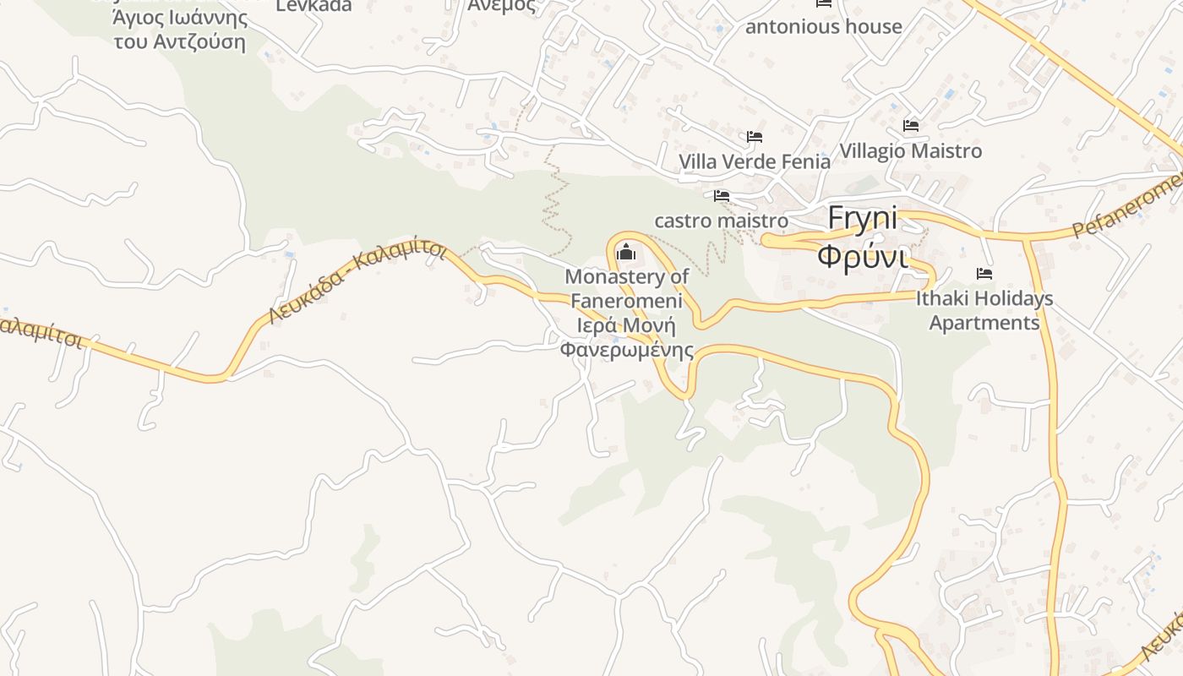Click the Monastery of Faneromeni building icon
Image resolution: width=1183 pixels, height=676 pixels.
626,252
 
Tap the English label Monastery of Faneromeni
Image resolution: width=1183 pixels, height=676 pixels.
626,288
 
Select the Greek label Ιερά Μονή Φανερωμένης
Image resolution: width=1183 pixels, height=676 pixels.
626,338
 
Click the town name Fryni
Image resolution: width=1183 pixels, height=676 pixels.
863,218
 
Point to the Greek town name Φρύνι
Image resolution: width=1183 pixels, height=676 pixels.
863,254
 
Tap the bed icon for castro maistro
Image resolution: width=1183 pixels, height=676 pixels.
722,196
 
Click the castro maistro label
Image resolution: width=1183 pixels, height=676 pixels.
722,221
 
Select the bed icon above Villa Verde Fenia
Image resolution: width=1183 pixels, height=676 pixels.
755,137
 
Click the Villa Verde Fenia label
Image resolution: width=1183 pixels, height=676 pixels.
755,161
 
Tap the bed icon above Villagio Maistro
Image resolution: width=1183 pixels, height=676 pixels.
911,126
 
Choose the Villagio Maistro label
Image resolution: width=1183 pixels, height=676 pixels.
911,151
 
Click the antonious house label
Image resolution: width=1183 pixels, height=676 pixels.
824,27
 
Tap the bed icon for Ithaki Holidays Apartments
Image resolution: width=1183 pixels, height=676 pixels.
984,274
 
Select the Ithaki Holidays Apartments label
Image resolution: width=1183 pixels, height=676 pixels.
984,310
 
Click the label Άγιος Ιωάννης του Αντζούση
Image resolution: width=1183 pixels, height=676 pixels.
180,30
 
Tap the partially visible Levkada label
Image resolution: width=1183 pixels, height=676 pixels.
313,5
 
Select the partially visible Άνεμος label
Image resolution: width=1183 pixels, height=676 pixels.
502,5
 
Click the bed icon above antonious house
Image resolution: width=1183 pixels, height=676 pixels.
824,3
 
